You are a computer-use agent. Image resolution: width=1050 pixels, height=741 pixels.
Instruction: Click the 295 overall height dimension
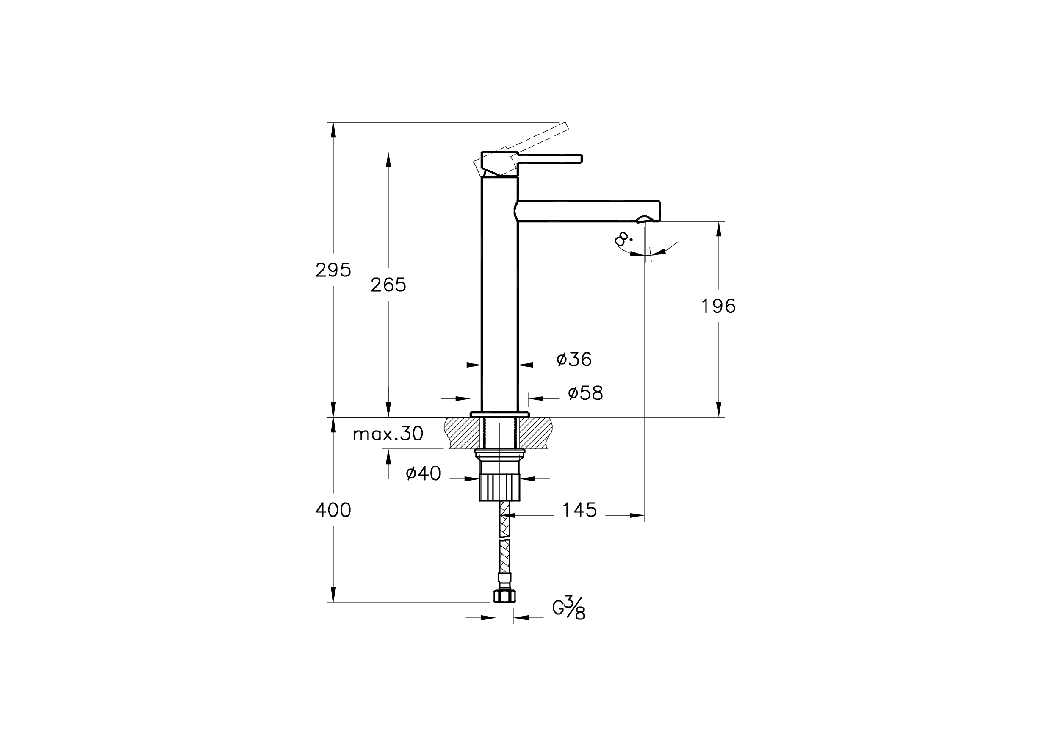point(333,271)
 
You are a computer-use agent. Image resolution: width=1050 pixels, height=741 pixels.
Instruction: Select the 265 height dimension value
point(388,285)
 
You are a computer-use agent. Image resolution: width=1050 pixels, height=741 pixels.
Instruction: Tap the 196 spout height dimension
point(718,307)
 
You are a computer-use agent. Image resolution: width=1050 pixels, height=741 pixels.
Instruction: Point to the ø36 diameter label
point(574,360)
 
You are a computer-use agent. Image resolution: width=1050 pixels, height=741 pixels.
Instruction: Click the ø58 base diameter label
point(585,393)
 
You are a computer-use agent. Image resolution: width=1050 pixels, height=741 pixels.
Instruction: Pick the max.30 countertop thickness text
point(388,434)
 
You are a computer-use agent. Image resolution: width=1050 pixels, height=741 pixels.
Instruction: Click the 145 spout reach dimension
point(579,511)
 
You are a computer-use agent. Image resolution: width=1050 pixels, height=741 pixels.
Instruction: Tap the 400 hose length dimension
point(333,511)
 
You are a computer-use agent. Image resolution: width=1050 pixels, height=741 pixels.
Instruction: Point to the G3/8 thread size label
point(569,608)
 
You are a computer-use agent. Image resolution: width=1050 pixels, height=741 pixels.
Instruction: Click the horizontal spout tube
point(585,211)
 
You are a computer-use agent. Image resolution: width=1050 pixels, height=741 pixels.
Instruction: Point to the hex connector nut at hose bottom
point(504,596)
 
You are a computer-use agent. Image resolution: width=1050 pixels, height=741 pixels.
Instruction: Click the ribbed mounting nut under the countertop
point(499,487)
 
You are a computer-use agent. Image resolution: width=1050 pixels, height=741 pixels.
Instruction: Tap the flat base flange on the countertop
point(499,415)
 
